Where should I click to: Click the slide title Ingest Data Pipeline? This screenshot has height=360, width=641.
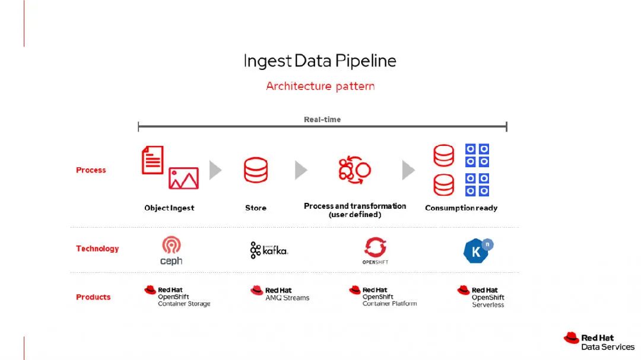(x=320, y=61)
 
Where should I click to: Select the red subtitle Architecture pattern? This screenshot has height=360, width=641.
(x=320, y=86)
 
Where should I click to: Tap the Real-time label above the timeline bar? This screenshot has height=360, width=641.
(x=322, y=120)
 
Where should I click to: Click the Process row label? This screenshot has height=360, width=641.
(x=91, y=170)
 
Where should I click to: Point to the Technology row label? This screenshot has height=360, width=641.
(x=97, y=249)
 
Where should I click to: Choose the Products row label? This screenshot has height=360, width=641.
(x=93, y=297)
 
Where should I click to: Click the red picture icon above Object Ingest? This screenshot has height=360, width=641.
(x=183, y=178)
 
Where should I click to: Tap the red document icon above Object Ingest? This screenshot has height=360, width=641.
(x=153, y=160)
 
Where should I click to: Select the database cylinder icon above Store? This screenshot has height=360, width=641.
(x=256, y=170)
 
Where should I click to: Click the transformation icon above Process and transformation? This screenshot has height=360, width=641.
(x=354, y=170)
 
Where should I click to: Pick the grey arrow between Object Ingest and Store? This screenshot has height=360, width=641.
(x=215, y=171)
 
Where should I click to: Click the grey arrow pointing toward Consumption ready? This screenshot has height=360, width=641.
(x=408, y=171)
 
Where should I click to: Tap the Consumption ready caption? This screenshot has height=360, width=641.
(x=461, y=208)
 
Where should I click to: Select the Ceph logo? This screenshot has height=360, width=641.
(x=171, y=251)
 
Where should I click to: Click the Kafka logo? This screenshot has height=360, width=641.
(x=269, y=250)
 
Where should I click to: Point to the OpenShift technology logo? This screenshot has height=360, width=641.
(x=375, y=250)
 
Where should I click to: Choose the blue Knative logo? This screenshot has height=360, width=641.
(x=478, y=251)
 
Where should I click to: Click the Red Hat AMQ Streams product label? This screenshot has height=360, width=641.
(x=280, y=294)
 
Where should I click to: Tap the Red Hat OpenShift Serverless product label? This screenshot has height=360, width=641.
(x=481, y=297)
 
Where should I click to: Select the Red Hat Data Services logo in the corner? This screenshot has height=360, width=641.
(x=599, y=342)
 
